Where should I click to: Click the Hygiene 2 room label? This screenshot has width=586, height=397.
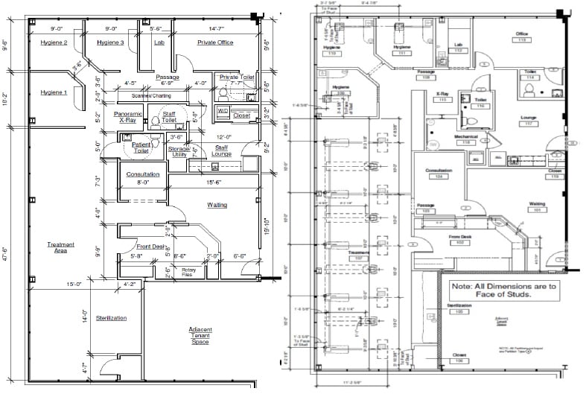(55, 42)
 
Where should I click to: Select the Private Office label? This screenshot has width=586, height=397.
(214, 42)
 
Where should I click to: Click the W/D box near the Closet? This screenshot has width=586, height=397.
(222, 111)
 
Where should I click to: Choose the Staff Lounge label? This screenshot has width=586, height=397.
(222, 152)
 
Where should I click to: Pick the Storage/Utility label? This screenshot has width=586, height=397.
(179, 152)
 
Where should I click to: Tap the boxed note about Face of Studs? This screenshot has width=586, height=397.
(501, 290)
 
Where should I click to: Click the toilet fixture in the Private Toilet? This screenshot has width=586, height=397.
(223, 93)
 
